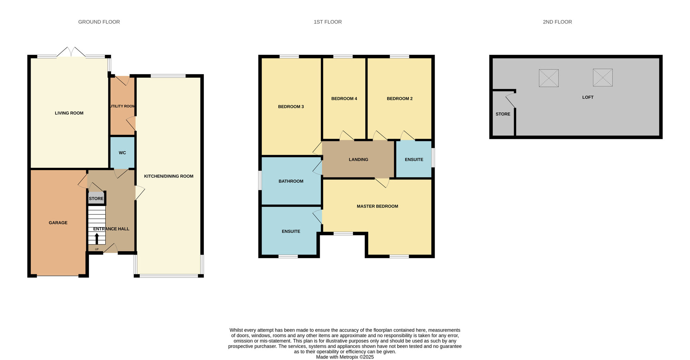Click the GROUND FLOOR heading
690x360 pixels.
99,22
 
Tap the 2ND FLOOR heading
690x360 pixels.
557,22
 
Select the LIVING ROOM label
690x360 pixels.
69,113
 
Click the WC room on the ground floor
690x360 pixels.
122,153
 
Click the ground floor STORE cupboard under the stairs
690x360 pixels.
96,198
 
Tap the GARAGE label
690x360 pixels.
58,223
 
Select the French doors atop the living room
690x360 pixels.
71,52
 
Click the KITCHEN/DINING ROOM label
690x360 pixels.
169,176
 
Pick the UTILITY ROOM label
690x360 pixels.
122,106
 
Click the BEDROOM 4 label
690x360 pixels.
344,98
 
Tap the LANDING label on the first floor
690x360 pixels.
358,159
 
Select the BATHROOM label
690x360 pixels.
291,181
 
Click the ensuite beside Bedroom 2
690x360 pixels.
414,159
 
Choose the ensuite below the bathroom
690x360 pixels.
291,231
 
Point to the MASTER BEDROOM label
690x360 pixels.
377,206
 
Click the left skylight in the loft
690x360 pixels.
549,78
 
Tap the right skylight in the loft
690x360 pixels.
602,78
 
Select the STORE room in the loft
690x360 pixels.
503,114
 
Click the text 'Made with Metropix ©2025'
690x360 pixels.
345,357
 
